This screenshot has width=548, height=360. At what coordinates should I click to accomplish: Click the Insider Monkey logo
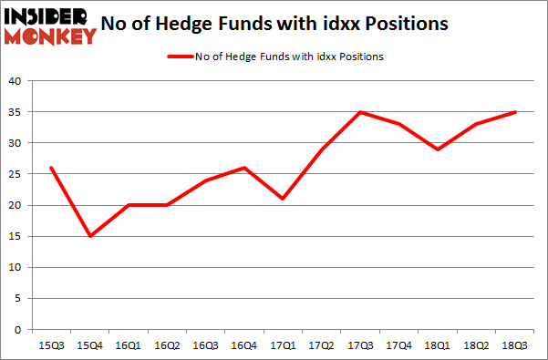[x=50, y=26]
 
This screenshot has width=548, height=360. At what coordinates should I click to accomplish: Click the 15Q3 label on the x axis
[x=52, y=345]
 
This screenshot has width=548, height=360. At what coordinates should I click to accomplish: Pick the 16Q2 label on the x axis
[x=167, y=345]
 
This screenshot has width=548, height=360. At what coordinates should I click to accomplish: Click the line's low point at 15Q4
[x=90, y=236]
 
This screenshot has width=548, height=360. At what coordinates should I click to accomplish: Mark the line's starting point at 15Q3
[x=52, y=168]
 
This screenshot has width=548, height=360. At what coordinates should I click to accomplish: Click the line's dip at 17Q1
[x=282, y=199]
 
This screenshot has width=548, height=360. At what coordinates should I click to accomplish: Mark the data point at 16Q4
[x=243, y=168]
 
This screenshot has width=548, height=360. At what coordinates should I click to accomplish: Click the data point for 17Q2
[x=320, y=149]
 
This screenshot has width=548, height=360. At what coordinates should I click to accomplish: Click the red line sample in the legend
[x=179, y=57]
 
